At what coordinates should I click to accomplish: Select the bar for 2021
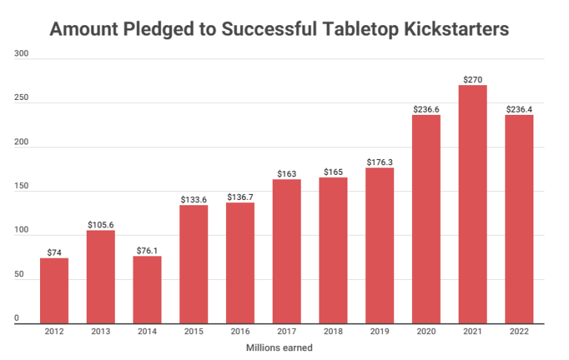point(473,204)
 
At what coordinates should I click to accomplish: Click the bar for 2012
point(54,290)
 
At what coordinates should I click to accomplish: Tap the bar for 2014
point(147,290)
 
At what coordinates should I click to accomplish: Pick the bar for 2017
point(287,251)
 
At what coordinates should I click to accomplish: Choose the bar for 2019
point(379,245)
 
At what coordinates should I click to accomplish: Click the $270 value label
point(473,79)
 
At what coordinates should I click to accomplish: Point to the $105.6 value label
point(101,224)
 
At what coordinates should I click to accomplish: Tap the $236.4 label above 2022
point(519,109)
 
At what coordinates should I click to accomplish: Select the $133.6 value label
point(193,199)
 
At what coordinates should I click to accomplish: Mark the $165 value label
point(333,172)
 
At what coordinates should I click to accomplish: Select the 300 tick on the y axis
point(21,55)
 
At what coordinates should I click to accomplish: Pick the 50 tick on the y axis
point(19,275)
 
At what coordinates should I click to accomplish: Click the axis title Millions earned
point(284,348)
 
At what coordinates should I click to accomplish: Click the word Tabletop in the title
point(349,30)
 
